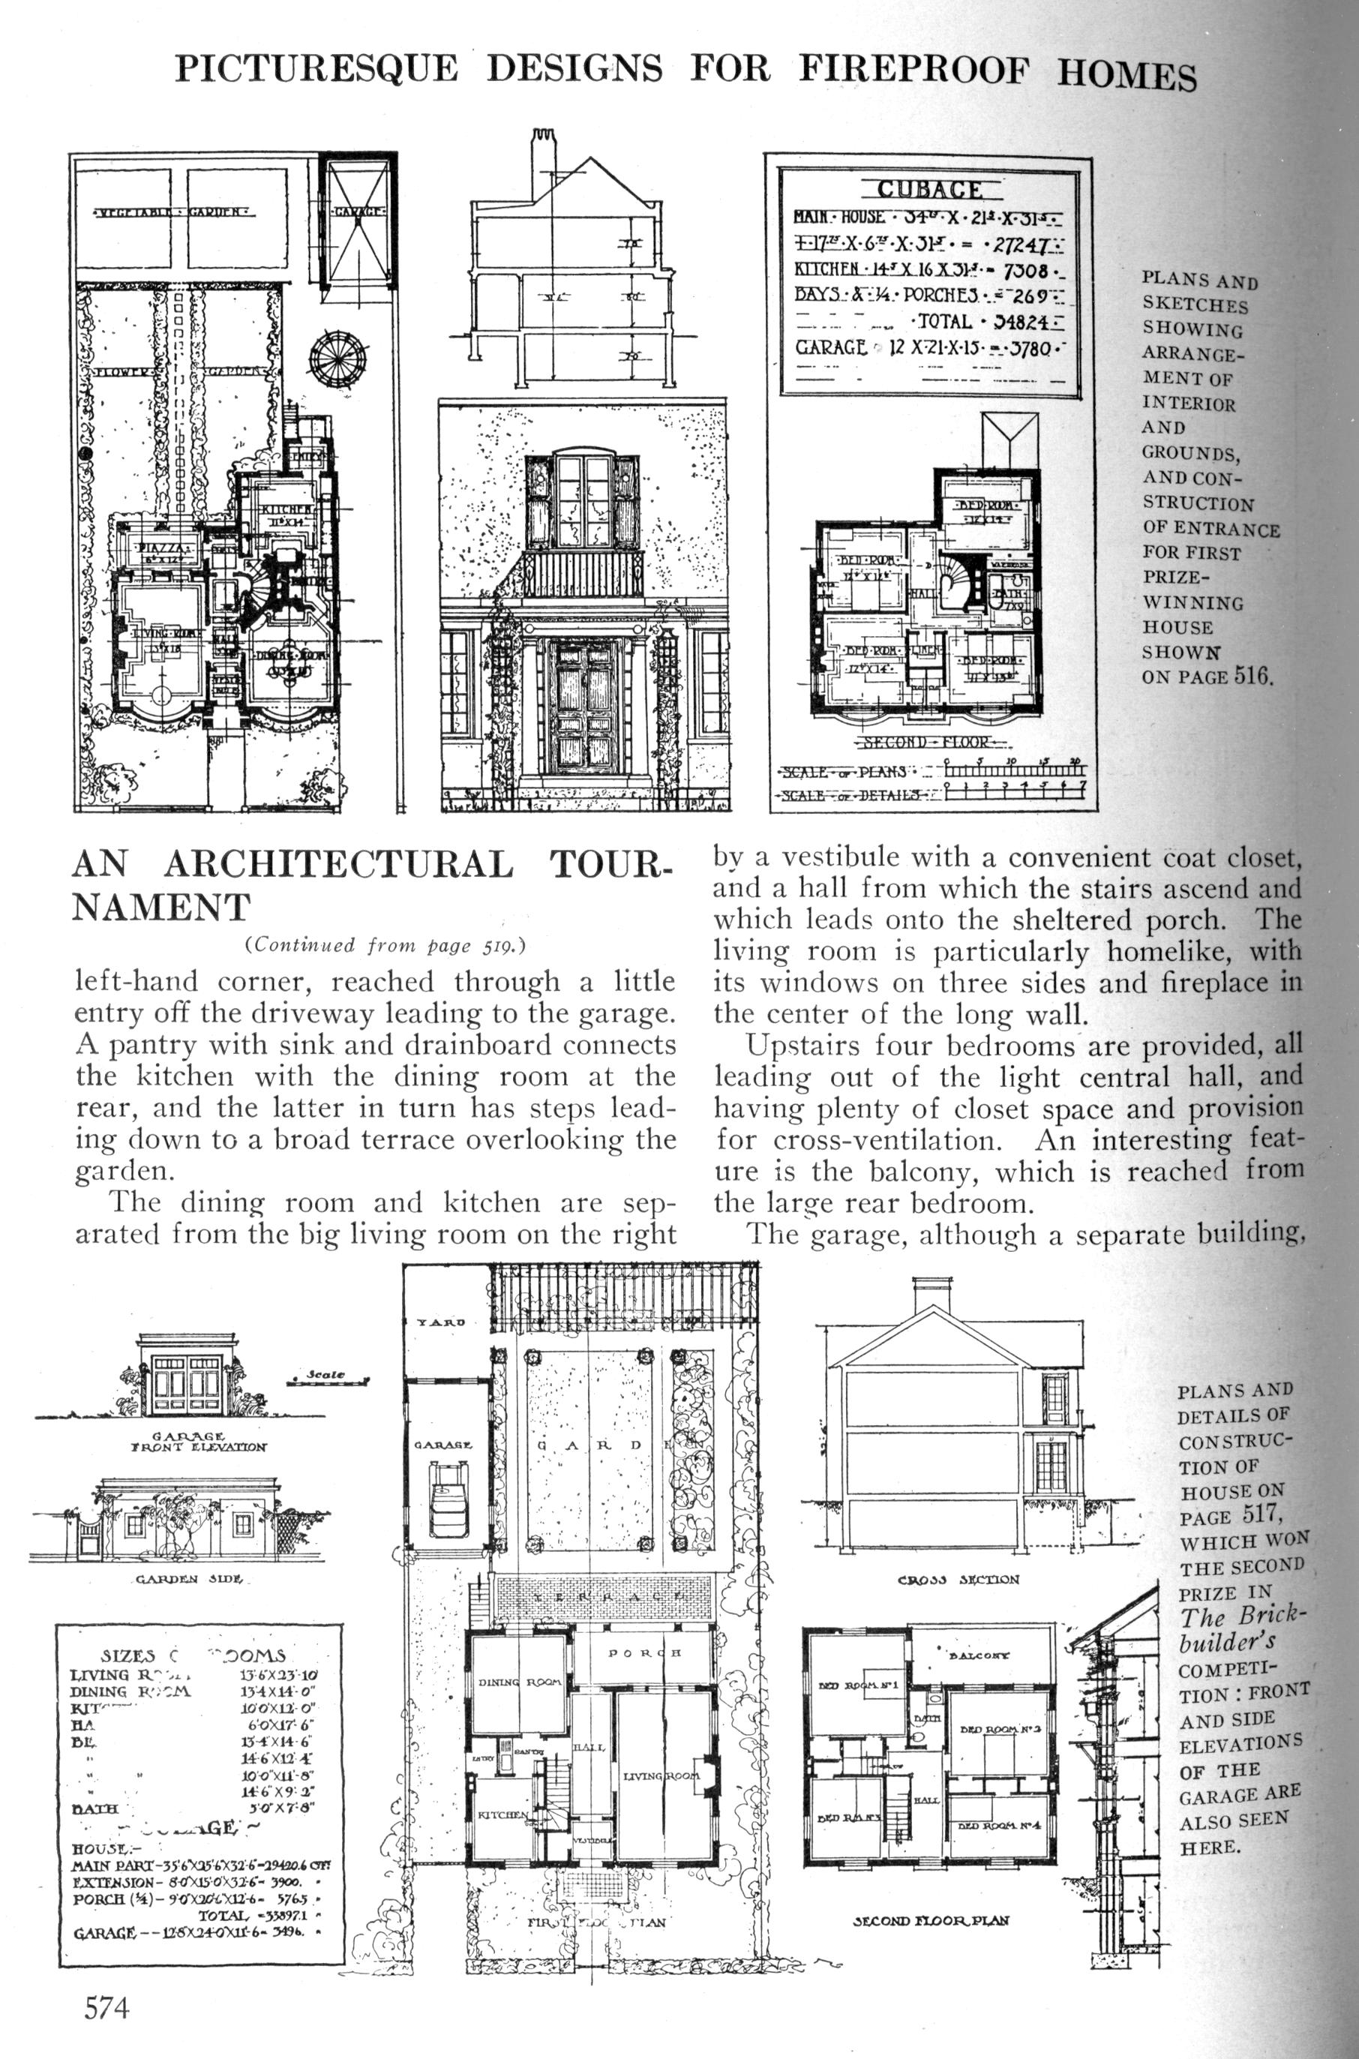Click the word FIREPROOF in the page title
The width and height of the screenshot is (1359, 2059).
point(913,69)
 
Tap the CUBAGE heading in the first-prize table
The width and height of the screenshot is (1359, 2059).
point(930,190)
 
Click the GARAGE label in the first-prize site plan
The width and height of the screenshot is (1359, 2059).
point(358,212)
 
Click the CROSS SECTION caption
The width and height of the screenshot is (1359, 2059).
point(958,1580)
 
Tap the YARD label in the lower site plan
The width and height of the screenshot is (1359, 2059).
point(441,1322)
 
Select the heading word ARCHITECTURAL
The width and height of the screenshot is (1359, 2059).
point(338,866)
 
